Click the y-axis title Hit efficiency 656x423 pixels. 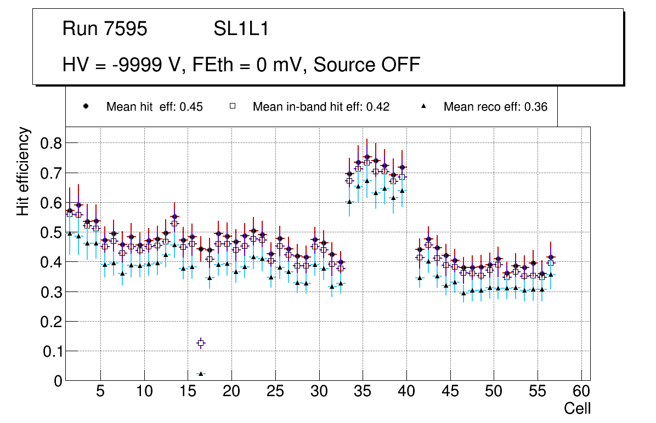coord(23,171)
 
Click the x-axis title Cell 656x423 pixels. coord(578,408)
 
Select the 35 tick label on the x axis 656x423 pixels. coord(363,392)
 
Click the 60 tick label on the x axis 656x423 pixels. coord(581,392)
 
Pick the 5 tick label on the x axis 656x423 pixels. coord(100,392)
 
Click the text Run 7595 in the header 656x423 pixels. coord(105,29)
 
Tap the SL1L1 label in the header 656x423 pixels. coord(241,29)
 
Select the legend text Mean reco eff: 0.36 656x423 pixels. coord(495,107)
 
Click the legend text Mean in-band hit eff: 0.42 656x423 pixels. coord(321,107)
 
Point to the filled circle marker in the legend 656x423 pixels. coord(86,106)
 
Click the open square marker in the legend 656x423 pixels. coord(232,106)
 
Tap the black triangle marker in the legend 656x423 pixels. coord(423,106)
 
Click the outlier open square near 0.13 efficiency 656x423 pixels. coord(201,343)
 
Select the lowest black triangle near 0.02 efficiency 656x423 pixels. coord(201,374)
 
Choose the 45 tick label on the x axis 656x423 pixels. coord(450,392)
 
